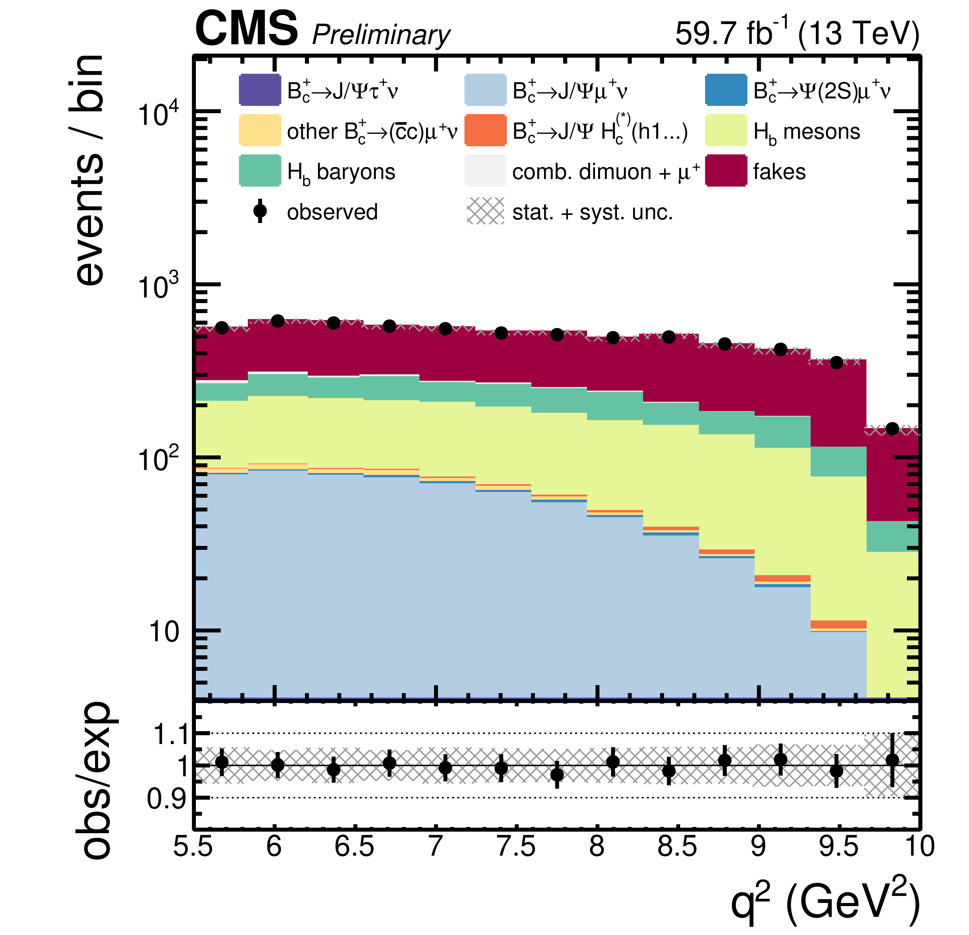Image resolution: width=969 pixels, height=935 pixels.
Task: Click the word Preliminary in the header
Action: tap(381, 36)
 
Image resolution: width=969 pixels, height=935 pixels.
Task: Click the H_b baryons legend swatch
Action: tap(260, 171)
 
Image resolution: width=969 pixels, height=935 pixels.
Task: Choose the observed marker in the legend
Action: tap(260, 211)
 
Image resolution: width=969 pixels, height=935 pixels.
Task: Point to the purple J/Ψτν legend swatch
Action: tap(260, 90)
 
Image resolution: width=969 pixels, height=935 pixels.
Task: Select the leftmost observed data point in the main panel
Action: tap(222, 327)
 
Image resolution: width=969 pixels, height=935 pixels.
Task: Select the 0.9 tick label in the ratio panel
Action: tap(167, 798)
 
